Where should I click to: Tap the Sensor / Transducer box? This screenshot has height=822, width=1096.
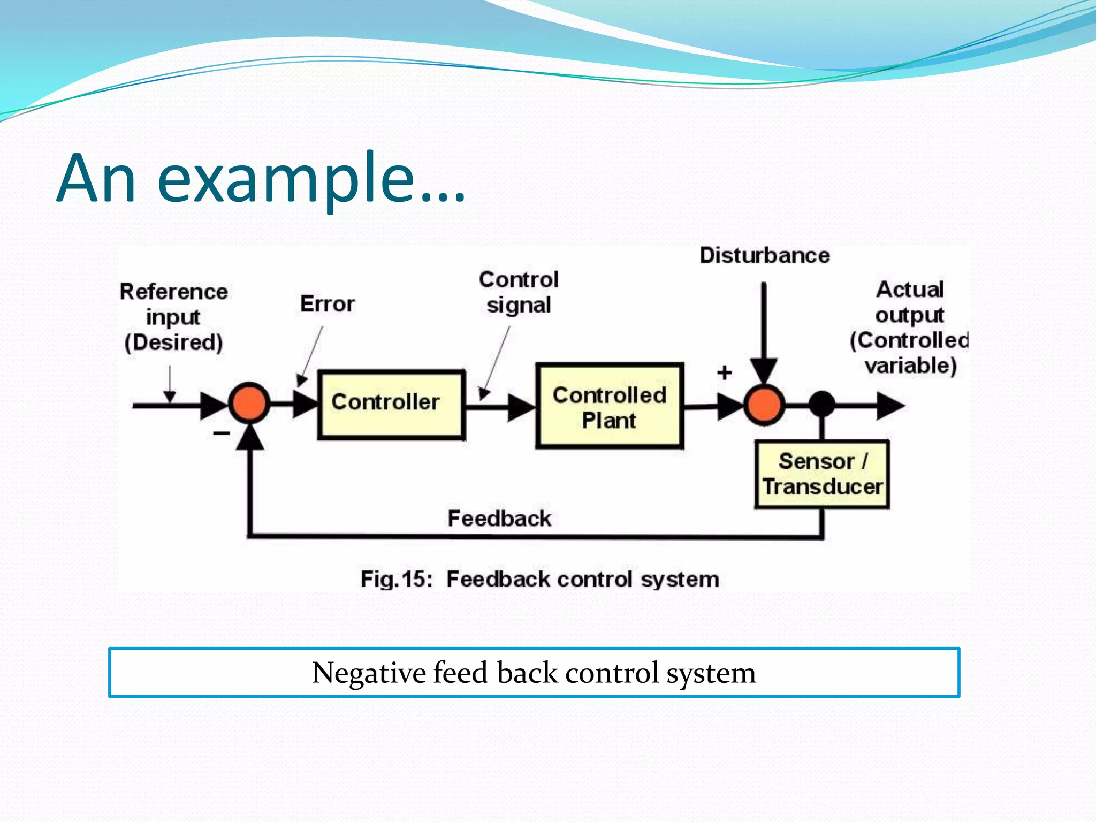point(822,474)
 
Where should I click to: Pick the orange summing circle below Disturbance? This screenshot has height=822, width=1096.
point(764,405)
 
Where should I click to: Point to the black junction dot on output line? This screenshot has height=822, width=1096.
point(822,404)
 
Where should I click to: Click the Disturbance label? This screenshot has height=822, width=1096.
point(764,255)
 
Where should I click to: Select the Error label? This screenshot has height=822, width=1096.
point(327,304)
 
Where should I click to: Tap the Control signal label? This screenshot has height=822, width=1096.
point(519,292)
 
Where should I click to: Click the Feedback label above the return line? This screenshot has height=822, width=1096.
point(499,519)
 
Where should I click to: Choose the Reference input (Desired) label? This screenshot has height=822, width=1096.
point(173,317)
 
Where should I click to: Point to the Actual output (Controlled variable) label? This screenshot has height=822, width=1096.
point(910,328)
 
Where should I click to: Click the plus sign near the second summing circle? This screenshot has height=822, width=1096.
point(725,372)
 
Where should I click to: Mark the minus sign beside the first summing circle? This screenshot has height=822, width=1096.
point(221,433)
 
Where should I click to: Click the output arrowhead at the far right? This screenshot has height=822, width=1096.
point(890,406)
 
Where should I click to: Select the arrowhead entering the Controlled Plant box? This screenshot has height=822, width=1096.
point(521,407)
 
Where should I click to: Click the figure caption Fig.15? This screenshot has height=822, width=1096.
point(395,580)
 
